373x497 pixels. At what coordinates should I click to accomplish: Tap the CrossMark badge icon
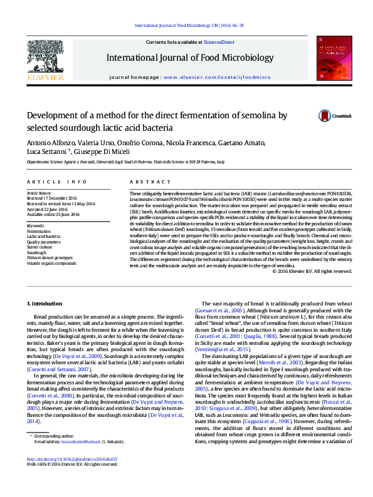point(325,115)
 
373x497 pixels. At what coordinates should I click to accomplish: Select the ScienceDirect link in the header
point(220,42)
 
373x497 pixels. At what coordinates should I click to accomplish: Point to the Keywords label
point(36,225)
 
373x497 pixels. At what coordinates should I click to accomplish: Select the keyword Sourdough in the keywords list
point(37,252)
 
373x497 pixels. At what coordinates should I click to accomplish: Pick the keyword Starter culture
point(39,247)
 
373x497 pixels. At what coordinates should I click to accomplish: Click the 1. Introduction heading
point(45,304)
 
